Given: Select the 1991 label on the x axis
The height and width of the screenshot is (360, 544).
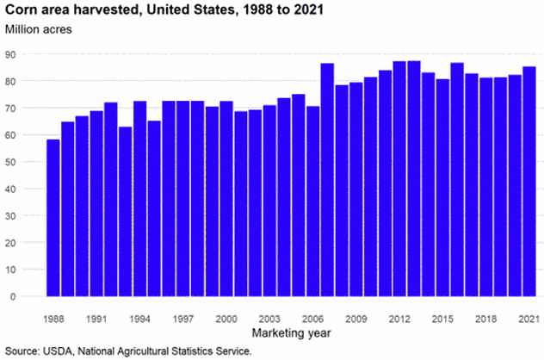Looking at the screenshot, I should (x=96, y=318).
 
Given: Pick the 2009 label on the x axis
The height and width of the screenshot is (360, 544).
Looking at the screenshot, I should (x=356, y=318).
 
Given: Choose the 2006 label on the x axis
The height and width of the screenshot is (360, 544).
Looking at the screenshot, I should (x=312, y=318).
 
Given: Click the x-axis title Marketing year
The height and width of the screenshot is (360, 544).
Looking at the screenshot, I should (x=291, y=332).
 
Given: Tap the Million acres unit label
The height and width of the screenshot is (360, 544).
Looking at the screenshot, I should (x=39, y=29).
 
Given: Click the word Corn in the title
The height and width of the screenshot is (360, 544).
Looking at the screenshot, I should (x=19, y=9).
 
